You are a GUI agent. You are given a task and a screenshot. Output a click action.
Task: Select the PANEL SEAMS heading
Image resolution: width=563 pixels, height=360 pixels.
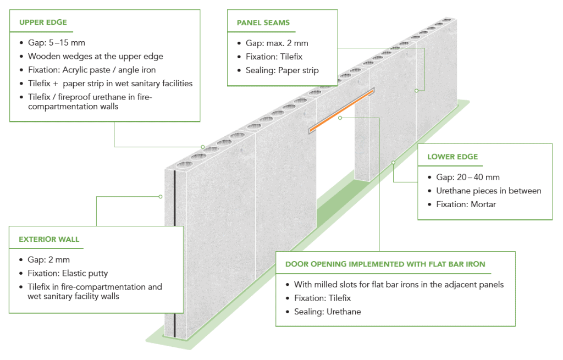coord(263,23)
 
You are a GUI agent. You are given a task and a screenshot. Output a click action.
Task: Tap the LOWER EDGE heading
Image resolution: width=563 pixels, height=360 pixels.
coord(452,157)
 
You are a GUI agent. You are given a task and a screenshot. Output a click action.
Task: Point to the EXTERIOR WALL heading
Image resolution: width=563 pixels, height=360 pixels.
coord(49,240)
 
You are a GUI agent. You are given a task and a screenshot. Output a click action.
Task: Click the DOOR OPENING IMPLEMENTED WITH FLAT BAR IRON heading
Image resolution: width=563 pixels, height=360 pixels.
coord(385,264)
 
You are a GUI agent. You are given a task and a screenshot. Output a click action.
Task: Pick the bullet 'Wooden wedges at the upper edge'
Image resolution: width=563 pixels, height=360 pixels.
coord(95,56)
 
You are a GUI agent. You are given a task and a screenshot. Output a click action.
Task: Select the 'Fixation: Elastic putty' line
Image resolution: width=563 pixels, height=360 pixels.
coord(68,273)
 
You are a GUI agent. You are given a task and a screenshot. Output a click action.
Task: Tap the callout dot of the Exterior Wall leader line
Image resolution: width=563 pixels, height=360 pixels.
coord(160,196)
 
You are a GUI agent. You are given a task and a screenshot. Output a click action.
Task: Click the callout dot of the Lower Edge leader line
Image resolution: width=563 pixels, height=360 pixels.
coord(393,162)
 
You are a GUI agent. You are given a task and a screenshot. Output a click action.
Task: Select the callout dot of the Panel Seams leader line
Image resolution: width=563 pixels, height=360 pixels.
coord(417,90)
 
